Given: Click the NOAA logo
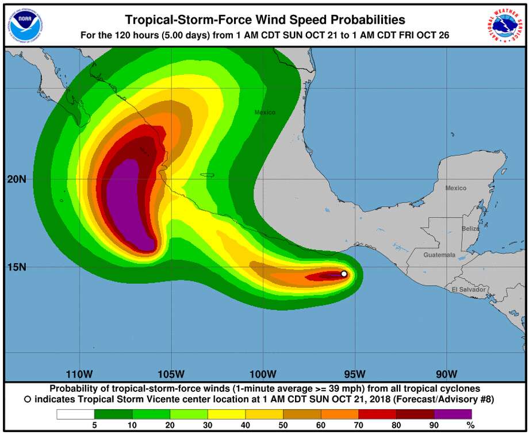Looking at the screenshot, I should (x=25, y=25).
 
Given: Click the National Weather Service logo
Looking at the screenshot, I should (x=504, y=25).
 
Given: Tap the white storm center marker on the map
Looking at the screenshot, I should (x=344, y=274).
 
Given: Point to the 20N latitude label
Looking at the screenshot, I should (x=17, y=179).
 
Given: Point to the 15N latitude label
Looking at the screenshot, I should (x=17, y=267).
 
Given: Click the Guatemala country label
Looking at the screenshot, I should (x=439, y=255).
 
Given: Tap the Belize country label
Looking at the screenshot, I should (x=470, y=228).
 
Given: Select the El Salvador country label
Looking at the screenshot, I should (x=469, y=289).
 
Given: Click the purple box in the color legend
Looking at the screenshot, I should (x=453, y=414).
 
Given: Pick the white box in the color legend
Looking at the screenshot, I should (x=75, y=414).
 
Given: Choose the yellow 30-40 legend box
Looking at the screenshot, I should (x=227, y=414).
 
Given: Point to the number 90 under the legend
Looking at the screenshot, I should (x=434, y=426).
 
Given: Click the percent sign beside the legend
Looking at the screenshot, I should (x=471, y=426).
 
